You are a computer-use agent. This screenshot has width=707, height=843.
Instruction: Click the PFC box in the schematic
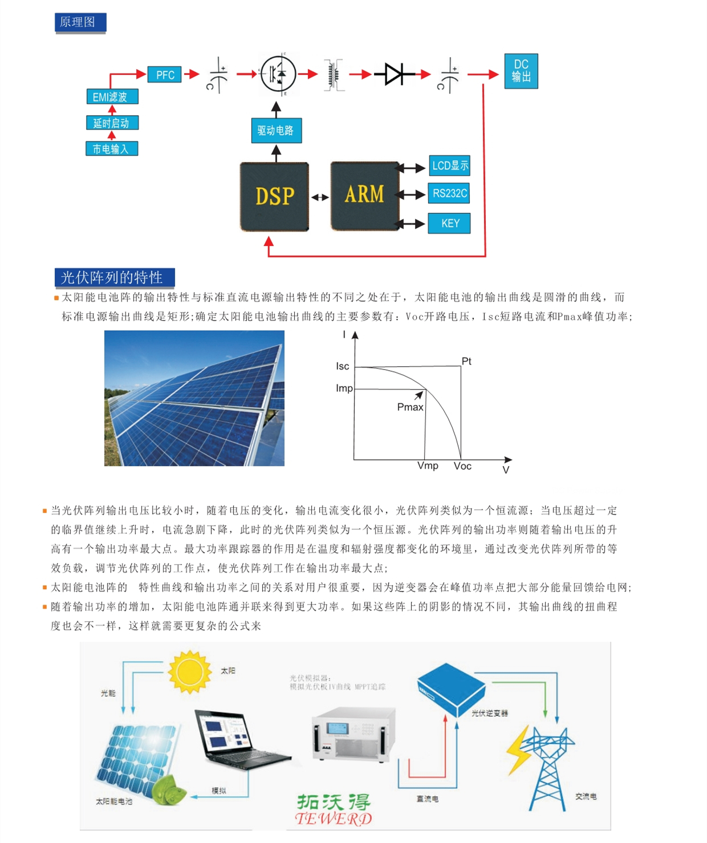pos(165,75)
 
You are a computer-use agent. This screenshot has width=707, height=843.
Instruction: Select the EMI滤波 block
pos(112,96)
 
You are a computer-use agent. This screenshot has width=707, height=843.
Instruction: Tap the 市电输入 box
pos(112,149)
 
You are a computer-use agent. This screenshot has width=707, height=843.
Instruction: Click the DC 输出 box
pos(521,71)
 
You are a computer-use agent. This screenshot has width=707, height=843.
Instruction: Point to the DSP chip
pos(274,196)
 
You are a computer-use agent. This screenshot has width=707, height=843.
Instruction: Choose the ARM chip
pos(364,195)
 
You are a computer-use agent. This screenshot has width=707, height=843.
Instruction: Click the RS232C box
pos(449,193)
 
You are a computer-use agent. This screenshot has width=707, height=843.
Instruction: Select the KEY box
pos(449,223)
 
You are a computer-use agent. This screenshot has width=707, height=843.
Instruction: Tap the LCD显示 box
pos(449,165)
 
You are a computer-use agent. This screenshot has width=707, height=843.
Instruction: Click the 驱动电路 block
pos(276,131)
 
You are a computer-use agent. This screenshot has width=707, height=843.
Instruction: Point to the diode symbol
pos(395,74)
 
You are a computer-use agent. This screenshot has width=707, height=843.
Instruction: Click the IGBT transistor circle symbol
pos(278,74)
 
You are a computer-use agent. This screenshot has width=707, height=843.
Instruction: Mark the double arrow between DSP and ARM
pos(320,197)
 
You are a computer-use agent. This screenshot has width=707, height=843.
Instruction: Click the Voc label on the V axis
pos(462,466)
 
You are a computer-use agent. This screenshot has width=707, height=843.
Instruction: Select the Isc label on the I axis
pos(342,366)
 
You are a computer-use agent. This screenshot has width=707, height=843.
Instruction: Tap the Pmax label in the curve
pos(410,407)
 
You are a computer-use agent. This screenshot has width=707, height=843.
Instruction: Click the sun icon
pos(189,672)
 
